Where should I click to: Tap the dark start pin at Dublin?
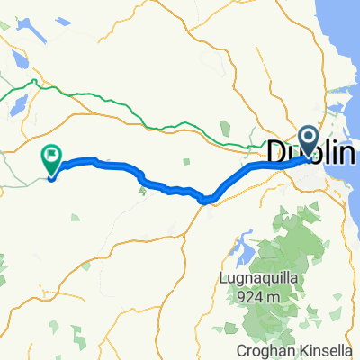(309, 140)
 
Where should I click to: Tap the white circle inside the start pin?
(309, 137)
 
